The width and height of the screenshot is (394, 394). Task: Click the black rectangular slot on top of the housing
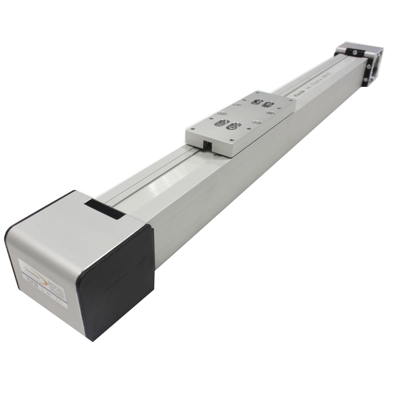pos(105,208)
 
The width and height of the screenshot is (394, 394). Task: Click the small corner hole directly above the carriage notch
pos(193,129)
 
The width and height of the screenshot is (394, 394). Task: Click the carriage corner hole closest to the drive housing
pos(193,129)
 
